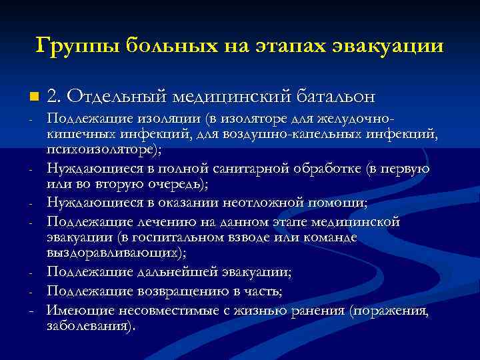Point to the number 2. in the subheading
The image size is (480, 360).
54,97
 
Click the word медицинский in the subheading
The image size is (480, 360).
231,97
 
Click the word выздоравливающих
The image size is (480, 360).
115,253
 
